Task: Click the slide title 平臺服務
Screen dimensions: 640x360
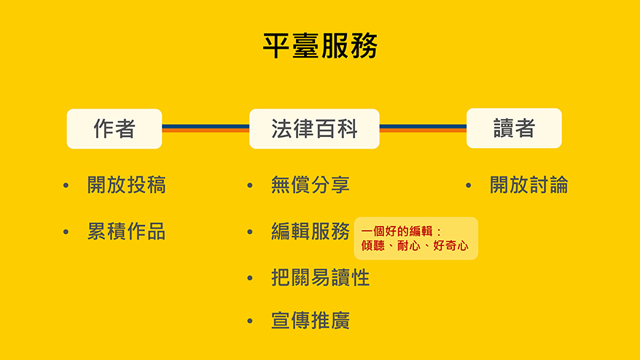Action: tap(321, 46)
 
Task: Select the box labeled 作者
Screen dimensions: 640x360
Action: tap(114, 128)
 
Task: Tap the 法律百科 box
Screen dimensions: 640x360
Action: tap(314, 128)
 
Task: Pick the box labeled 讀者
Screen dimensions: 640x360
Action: tap(514, 128)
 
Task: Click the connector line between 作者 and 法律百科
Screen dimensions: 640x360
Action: tap(206, 128)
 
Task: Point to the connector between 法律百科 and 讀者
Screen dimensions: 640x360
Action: tap(423, 128)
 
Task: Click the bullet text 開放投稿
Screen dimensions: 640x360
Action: tap(127, 185)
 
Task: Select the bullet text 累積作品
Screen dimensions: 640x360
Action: tap(127, 232)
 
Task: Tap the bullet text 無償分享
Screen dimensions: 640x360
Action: tap(311, 185)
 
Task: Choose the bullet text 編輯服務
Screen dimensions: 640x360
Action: tap(311, 232)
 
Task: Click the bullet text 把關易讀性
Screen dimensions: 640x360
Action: tap(321, 278)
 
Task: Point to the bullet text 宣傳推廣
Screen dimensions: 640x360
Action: tap(311, 321)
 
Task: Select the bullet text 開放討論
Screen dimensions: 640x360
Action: tap(529, 185)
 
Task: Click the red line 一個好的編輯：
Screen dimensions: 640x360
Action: tap(402, 232)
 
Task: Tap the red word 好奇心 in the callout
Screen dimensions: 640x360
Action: tap(450, 246)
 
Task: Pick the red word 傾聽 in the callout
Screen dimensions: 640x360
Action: tap(373, 246)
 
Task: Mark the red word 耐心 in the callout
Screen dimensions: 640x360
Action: tap(409, 246)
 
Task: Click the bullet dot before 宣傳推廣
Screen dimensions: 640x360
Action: tap(250, 321)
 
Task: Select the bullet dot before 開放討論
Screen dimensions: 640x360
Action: tap(469, 186)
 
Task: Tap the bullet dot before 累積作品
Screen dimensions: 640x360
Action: tap(66, 232)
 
